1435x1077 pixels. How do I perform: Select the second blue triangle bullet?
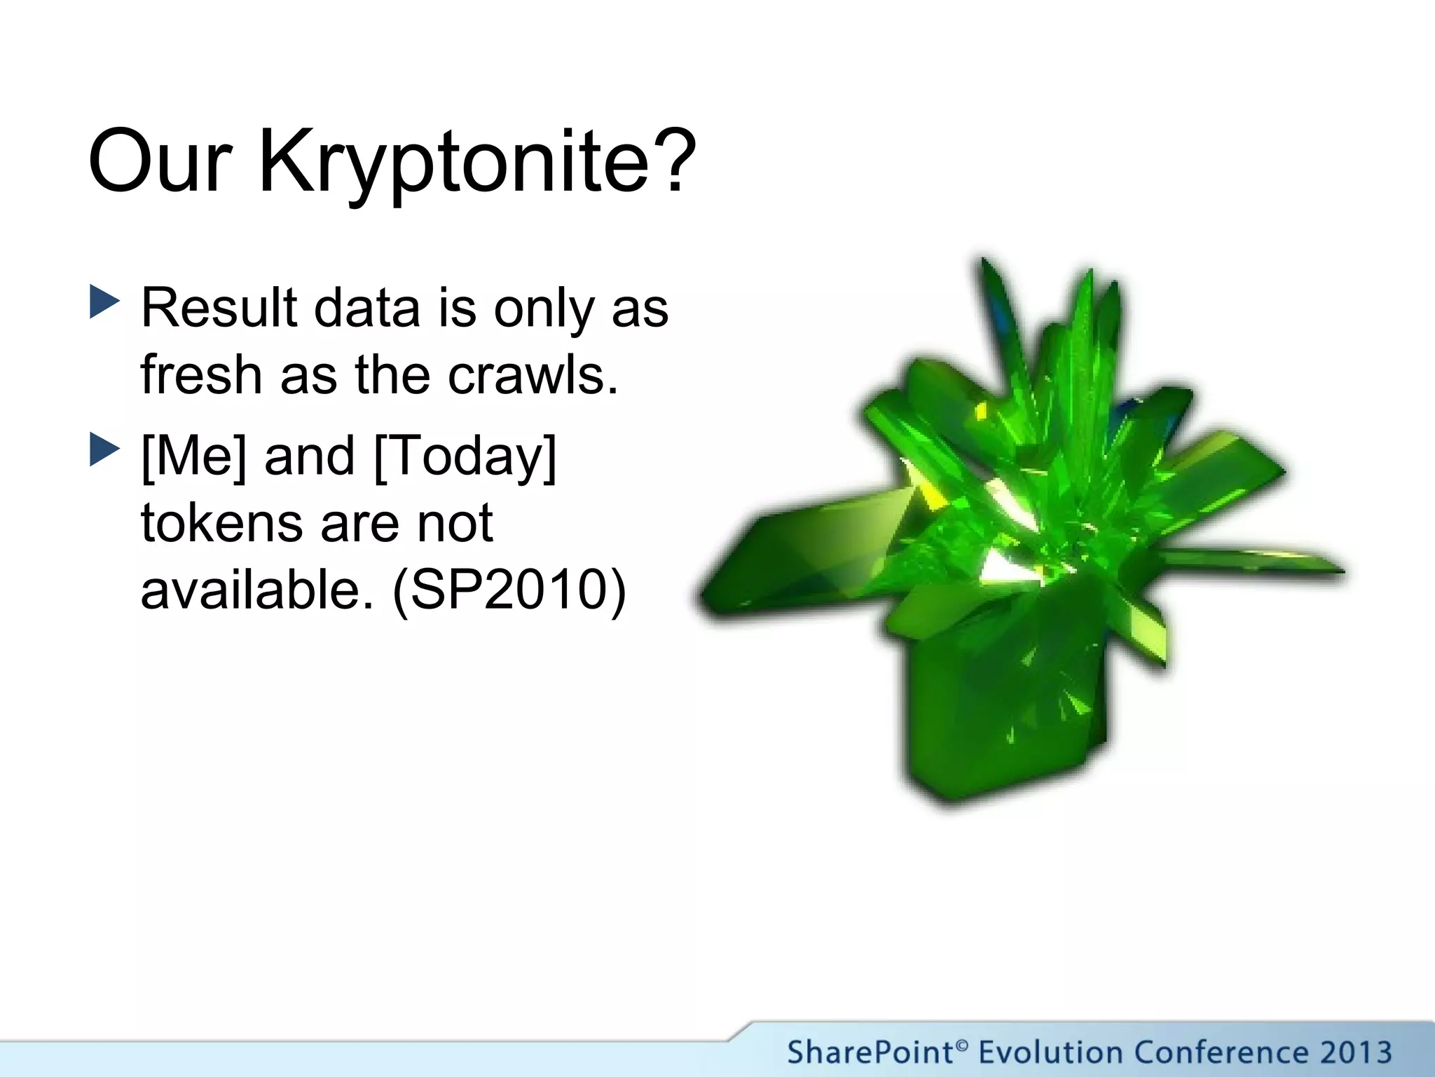[104, 450]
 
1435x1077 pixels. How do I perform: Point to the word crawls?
[533, 374]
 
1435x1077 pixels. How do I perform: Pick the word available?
[256, 589]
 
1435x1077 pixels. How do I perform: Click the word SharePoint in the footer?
[869, 1052]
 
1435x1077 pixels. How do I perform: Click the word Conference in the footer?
[1220, 1052]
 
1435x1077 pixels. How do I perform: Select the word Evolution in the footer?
[1051, 1052]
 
